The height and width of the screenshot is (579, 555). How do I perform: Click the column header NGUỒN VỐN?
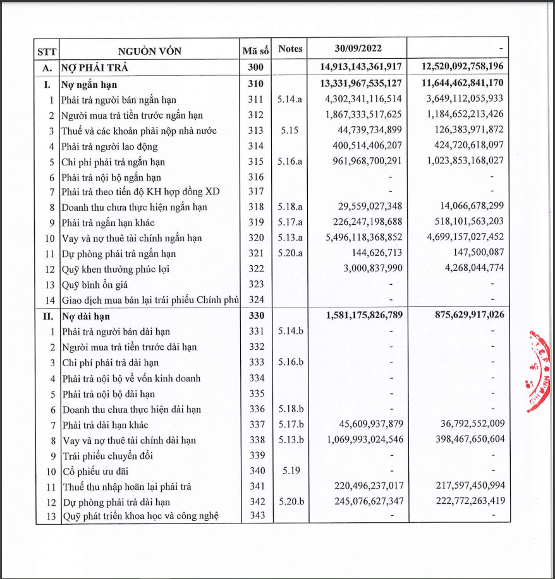(x=149, y=51)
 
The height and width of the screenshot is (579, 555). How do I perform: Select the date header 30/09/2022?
(x=358, y=49)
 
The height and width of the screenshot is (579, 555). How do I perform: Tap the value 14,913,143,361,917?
(x=358, y=67)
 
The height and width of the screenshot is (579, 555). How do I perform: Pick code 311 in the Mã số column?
(x=256, y=100)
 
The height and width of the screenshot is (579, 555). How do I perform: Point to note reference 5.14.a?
(x=290, y=100)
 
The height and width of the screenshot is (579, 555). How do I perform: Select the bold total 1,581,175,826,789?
(x=365, y=315)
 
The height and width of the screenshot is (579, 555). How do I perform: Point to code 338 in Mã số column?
(x=256, y=439)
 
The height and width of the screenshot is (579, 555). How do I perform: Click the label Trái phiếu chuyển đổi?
(x=107, y=455)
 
